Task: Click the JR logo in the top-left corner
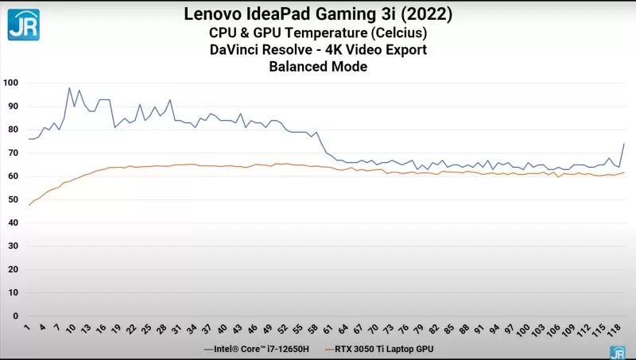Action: [24, 24]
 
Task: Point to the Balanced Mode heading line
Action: [318, 68]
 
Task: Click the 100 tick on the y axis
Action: [10, 83]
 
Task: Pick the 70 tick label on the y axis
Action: [13, 153]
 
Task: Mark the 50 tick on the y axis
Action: [13, 199]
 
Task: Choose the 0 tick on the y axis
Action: [15, 316]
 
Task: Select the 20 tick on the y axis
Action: [13, 269]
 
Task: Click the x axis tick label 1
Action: [28, 327]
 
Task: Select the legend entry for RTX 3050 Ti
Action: [381, 349]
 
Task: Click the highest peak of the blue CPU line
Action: [69, 87]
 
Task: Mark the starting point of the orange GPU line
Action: [29, 205]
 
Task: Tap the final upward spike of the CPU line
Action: [624, 144]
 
